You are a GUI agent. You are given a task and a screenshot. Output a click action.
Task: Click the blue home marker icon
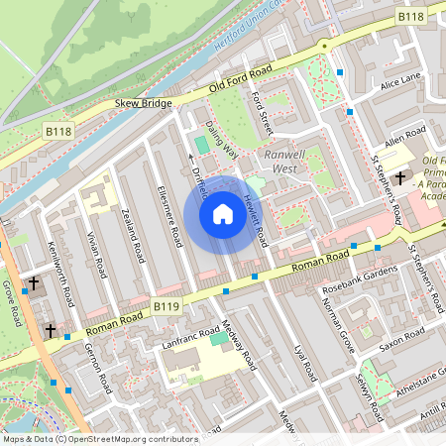223,213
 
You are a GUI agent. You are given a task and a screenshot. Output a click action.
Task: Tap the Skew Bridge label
143,103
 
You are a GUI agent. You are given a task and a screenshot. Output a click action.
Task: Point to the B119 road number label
167,309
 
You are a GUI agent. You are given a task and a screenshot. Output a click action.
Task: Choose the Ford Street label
262,110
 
